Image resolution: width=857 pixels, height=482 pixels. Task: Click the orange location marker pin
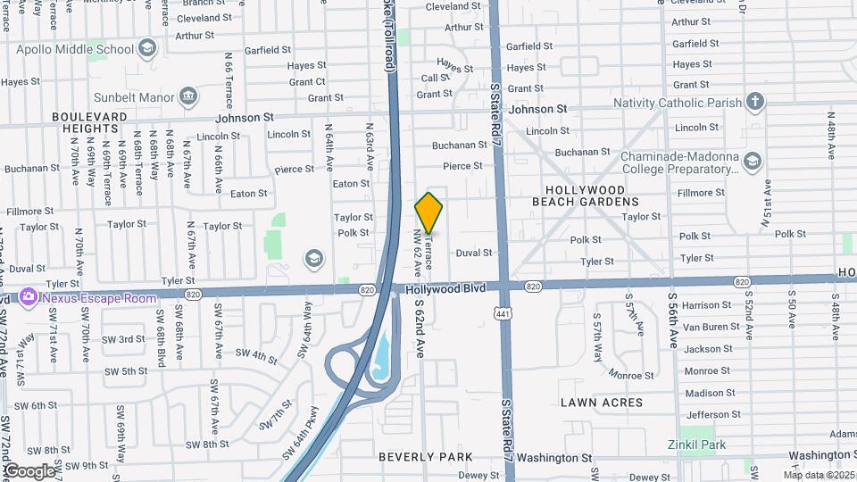click(x=428, y=212)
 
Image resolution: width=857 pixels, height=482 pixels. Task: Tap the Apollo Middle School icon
click(x=148, y=47)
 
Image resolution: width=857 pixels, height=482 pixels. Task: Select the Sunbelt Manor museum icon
click(x=188, y=96)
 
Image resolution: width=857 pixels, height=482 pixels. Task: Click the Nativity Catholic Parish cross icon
click(x=755, y=102)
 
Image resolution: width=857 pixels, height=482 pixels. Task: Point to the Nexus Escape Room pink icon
click(x=28, y=295)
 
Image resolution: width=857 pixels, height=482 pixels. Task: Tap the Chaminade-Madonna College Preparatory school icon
click(x=753, y=161)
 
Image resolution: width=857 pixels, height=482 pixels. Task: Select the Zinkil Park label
click(x=697, y=445)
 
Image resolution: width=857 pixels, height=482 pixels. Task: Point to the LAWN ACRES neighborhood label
click(x=602, y=403)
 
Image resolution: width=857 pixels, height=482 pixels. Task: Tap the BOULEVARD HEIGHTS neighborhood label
click(x=92, y=122)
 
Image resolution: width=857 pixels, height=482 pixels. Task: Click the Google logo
click(x=29, y=470)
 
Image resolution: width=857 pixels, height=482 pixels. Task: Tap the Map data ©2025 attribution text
click(x=818, y=475)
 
